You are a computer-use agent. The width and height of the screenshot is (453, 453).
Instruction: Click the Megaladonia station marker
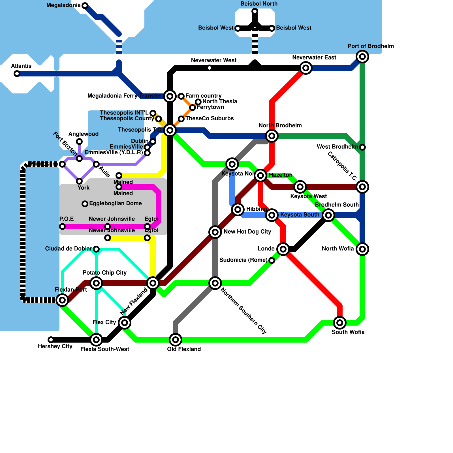[85, 5]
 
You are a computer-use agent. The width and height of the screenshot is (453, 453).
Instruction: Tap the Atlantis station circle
[17, 74]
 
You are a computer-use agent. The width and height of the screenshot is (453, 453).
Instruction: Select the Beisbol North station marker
[255, 11]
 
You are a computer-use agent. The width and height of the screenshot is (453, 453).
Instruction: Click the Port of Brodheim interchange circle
[362, 57]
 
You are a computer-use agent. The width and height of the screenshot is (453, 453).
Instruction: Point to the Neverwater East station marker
[306, 68]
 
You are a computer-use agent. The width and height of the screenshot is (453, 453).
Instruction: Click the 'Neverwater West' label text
[213, 60]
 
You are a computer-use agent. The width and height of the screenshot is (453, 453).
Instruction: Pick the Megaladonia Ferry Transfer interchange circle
[170, 96]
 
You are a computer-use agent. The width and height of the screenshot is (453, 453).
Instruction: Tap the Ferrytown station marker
[193, 108]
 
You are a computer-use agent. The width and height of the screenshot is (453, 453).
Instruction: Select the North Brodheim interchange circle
[272, 136]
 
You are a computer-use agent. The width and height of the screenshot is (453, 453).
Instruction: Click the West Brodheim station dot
[362, 147]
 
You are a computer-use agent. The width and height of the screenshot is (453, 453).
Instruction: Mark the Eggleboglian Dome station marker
[85, 204]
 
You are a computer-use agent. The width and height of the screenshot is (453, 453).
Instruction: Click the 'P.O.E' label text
[67, 219]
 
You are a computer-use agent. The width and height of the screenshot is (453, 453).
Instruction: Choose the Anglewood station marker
[79, 142]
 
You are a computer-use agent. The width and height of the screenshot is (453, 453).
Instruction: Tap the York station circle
[79, 181]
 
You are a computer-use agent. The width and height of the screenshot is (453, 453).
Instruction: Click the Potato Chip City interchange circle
[96, 283]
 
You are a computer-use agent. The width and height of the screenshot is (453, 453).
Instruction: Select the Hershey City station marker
[51, 339]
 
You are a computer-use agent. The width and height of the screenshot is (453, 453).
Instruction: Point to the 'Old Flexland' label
[184, 349]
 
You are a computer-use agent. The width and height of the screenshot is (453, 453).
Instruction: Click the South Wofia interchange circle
[340, 322]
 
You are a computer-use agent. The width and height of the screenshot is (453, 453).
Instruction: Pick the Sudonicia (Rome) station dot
[272, 260]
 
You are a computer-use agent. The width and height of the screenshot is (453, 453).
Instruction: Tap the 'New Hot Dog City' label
[247, 232]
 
